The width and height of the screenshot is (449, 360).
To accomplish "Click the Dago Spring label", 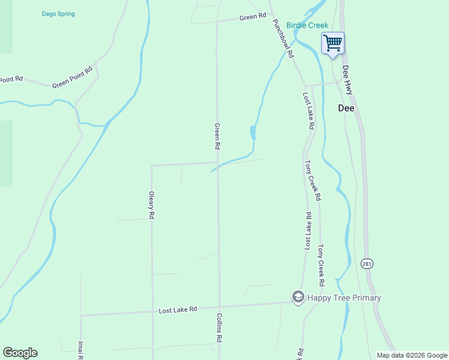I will (58, 14).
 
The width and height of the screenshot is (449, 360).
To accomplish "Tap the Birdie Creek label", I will (307, 25).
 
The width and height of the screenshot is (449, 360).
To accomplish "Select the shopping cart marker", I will (333, 44).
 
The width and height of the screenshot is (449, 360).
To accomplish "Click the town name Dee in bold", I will (346, 109).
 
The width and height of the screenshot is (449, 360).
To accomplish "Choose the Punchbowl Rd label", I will (283, 38).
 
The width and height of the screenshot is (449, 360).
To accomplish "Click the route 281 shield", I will (367, 263).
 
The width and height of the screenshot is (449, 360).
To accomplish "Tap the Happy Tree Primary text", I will (344, 298).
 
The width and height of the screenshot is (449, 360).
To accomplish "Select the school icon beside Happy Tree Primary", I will (298, 297).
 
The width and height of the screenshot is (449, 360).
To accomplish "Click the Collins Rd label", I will (220, 328).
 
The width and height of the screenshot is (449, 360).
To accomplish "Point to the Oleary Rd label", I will (152, 205).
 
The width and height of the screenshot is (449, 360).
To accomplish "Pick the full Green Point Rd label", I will (73, 77).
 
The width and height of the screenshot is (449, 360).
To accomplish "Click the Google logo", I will (20, 353).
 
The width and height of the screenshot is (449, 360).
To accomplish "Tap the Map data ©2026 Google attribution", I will (412, 355).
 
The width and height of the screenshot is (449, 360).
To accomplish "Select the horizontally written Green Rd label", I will (252, 17).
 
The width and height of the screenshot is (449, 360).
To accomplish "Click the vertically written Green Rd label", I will (217, 137).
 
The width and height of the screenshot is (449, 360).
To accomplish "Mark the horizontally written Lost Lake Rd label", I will (178, 310).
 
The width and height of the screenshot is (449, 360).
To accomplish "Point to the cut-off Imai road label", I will (80, 350).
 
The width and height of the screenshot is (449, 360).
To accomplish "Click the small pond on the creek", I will (253, 132).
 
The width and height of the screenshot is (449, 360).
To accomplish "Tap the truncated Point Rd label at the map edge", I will (11, 79).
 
